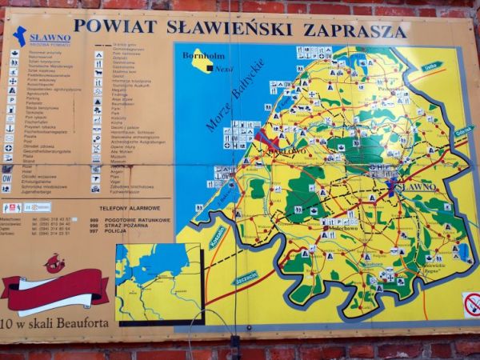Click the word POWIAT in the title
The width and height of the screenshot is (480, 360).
(108, 26)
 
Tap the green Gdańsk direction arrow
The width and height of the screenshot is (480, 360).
(463, 130)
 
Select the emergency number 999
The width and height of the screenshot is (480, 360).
(94, 219)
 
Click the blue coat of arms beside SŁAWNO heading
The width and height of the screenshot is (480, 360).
(19, 36)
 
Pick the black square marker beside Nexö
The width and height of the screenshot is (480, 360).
(209, 70)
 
